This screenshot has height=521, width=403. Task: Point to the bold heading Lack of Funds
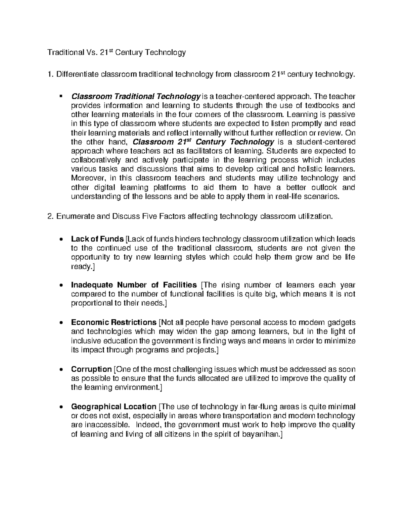(x=97, y=239)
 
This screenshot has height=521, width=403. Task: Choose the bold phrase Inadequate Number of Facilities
(x=134, y=285)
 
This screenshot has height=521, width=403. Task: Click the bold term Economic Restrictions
(x=114, y=322)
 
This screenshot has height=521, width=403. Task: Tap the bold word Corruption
(x=91, y=369)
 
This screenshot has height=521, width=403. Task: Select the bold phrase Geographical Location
(x=114, y=407)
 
